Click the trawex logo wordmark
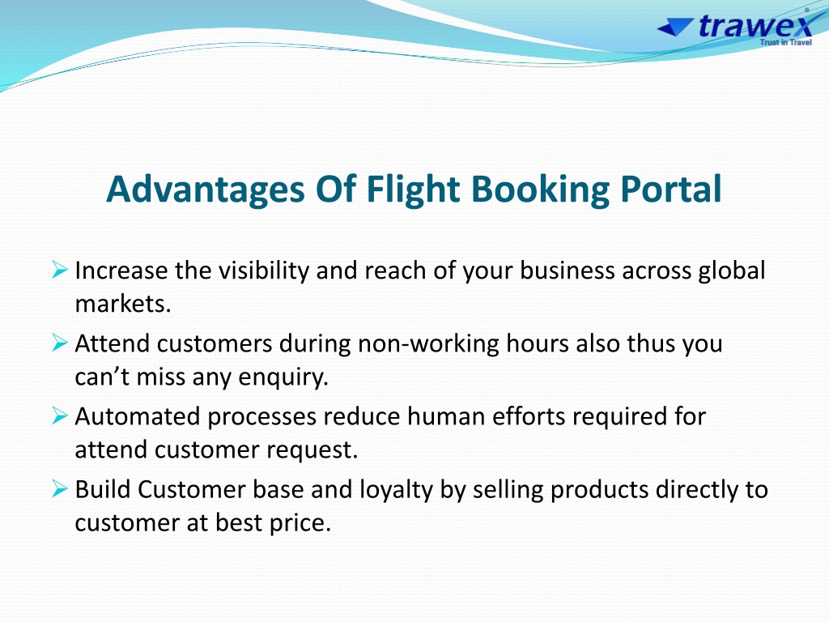point(756,26)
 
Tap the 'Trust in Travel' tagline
point(785,42)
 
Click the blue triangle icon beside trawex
point(675,27)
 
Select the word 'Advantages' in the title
point(206,190)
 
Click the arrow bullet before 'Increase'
point(60,270)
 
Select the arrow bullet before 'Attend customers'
point(60,343)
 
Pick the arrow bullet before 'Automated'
point(60,415)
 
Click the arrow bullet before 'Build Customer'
point(60,488)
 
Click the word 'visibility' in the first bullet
point(263,271)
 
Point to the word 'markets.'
point(123,304)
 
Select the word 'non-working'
point(428,344)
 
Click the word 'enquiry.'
point(283,377)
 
